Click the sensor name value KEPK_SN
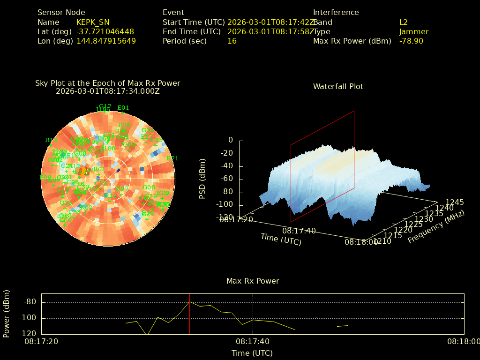tap(94, 22)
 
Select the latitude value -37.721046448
tap(105, 32)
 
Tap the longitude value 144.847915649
tap(106, 41)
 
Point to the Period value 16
tap(232, 41)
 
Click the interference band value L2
tap(404, 22)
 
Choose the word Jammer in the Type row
tap(414, 32)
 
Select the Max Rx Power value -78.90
tap(411, 41)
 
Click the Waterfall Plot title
tap(338, 87)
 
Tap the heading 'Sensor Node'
tap(61, 13)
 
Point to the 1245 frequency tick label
tap(455, 202)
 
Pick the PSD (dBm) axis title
tap(202, 179)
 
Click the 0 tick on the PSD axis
tap(230, 140)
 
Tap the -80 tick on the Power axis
tap(30, 302)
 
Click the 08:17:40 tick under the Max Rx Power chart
tap(253, 342)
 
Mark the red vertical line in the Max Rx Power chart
tap(189, 314)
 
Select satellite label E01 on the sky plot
tap(123, 108)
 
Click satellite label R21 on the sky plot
tap(172, 158)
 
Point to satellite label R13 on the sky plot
tap(51, 140)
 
